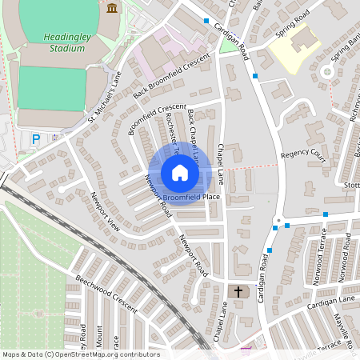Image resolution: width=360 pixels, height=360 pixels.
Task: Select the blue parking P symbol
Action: tap(35, 139)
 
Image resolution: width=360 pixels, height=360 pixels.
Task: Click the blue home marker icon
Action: tap(180, 173)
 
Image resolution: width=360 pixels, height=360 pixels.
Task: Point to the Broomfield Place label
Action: tap(191, 196)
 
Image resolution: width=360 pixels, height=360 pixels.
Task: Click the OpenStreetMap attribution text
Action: tap(81, 354)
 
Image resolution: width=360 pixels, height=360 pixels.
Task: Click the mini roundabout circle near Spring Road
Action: tap(326, 72)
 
